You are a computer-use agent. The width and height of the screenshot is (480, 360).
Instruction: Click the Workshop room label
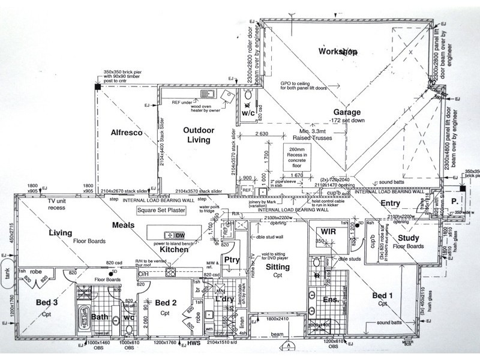(338, 52)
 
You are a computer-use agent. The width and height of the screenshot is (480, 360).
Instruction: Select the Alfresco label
(126, 133)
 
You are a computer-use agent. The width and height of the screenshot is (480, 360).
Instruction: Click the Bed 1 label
(382, 296)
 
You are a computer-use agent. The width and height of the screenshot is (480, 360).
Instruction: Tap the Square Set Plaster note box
(161, 211)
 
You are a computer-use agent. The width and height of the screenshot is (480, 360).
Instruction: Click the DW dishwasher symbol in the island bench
(180, 234)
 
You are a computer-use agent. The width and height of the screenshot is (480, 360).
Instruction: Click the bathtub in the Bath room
(83, 316)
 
